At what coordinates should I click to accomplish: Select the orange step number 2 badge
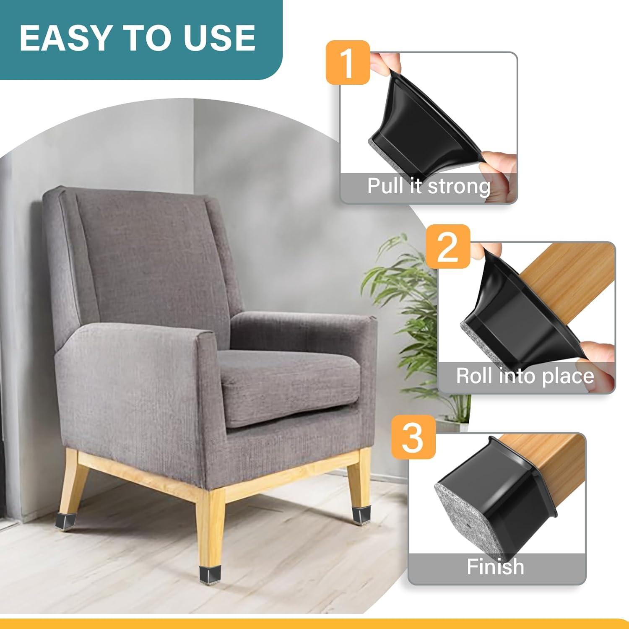[447, 247]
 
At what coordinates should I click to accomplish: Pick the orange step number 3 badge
[413, 437]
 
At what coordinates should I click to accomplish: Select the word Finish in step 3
[495, 567]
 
